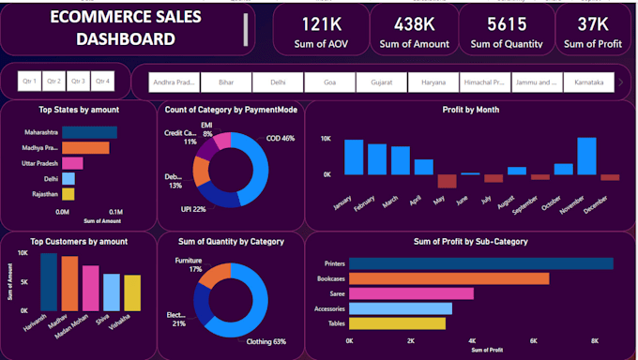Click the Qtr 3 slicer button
pyautogui.click(x=78, y=82)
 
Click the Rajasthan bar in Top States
pyautogui.click(x=68, y=194)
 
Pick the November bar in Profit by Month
pyautogui.click(x=586, y=156)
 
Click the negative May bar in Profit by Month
pyautogui.click(x=447, y=181)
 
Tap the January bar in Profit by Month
pyautogui.click(x=354, y=157)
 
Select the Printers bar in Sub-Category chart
pyautogui.click(x=481, y=263)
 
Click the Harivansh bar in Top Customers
pyautogui.click(x=49, y=281)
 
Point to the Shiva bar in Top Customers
pyautogui.click(x=111, y=292)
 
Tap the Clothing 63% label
pyautogui.click(x=266, y=342)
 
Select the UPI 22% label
pyautogui.click(x=193, y=209)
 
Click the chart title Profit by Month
pyautogui.click(x=471, y=110)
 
